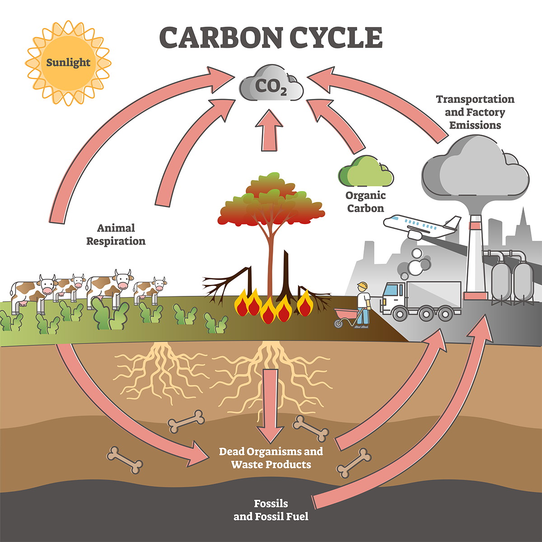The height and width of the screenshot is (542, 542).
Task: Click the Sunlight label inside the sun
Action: point(68,62)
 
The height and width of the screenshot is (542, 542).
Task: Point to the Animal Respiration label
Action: point(116,234)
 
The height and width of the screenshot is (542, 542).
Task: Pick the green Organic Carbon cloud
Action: point(365,172)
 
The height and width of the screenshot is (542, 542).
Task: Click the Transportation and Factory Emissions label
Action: point(475,112)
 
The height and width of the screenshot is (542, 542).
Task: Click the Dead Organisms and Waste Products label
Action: point(271,458)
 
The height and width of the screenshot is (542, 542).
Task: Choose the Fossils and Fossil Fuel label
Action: point(271,510)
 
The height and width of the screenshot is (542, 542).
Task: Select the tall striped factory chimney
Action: point(475,257)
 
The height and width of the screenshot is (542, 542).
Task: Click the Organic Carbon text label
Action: point(365,202)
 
